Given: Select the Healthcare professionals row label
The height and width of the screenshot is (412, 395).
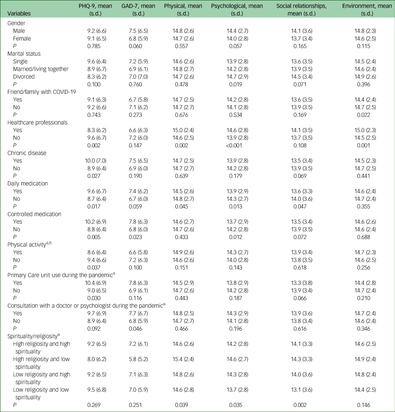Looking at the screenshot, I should tap(38, 123).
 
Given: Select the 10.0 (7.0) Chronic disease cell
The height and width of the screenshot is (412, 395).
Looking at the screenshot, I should tap(101, 160).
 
